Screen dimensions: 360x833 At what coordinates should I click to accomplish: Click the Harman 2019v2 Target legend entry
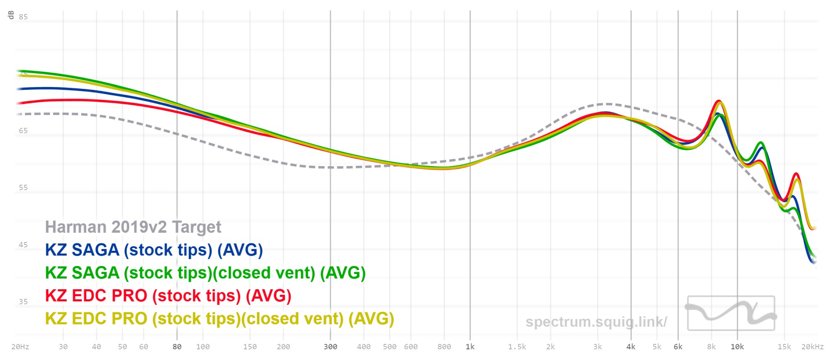133,227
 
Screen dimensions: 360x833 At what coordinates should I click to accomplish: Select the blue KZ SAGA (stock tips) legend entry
154,250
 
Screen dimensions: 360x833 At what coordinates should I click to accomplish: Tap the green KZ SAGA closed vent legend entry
205,273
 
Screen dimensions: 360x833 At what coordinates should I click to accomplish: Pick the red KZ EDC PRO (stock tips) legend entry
168,296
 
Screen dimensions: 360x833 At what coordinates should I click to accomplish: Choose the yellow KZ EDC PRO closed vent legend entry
219,318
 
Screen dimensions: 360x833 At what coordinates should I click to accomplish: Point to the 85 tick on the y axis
23,17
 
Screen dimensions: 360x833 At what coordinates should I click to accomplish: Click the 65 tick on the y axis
23,131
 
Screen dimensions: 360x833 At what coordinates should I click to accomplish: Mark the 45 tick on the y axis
23,245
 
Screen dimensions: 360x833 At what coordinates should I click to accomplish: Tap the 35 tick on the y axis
23,302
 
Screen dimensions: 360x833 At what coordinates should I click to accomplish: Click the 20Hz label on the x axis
20,347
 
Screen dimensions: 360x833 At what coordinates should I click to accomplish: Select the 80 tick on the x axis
177,347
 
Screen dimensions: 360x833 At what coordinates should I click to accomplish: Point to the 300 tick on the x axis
330,347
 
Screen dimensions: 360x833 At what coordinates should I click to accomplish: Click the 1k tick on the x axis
470,347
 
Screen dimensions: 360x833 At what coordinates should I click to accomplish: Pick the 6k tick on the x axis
678,347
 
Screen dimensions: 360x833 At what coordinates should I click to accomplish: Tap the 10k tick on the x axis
737,347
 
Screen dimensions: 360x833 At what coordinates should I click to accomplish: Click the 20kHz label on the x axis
813,347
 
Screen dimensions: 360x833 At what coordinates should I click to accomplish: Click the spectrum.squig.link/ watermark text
596,322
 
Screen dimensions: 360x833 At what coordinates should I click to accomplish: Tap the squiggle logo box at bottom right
731,313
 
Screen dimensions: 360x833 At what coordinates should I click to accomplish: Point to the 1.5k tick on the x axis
517,347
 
